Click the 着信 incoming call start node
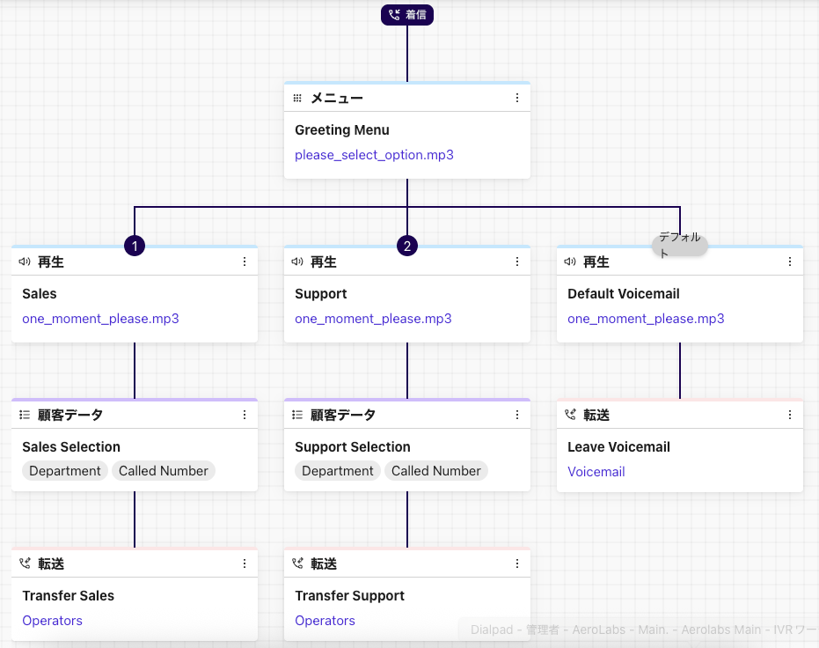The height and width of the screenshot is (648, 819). point(407,15)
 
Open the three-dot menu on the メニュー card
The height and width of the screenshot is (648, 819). point(517,98)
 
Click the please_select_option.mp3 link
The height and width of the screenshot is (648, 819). point(374,155)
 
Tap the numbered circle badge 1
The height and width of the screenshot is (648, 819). point(135,246)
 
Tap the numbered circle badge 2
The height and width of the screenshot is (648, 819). point(407,246)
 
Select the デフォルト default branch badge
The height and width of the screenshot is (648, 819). point(679,245)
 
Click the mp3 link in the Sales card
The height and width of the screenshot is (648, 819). point(100,319)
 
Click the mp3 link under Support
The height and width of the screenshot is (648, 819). point(373,319)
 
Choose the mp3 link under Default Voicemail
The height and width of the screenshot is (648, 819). point(646,319)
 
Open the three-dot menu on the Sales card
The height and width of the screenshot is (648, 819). point(245,261)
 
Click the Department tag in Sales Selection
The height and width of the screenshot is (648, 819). point(65,471)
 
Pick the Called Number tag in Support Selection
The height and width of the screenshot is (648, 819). point(436,471)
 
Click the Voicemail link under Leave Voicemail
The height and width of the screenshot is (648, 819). point(596,472)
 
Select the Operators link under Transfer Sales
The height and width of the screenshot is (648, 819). point(52,621)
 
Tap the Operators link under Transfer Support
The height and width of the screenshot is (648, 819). point(325,621)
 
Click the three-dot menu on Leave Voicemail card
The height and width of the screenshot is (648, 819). point(790,415)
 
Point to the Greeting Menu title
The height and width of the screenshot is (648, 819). point(342,130)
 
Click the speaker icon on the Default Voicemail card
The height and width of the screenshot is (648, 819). point(570,261)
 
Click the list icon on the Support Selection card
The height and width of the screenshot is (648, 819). point(297,415)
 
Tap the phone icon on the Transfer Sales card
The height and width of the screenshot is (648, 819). point(25,563)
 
